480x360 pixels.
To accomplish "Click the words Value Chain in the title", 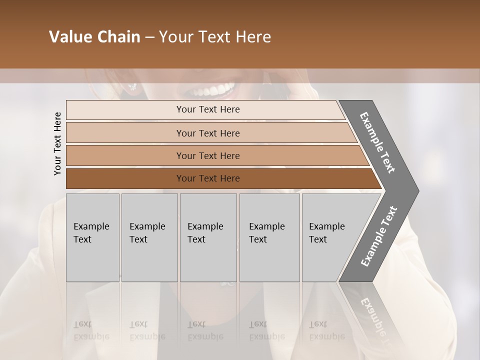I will [94, 37].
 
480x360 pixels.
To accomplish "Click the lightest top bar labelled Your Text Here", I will [208, 109].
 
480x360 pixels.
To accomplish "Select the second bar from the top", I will [208, 133].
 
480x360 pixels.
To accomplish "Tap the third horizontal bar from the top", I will [208, 155].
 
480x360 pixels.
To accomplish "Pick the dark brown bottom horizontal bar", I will [208, 178].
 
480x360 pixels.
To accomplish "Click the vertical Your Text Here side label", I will [57, 143].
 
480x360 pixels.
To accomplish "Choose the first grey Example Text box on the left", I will [92, 237].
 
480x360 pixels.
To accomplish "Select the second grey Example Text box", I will [149, 237].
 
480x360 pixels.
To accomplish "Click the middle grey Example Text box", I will [208, 237].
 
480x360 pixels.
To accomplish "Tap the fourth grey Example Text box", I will [269, 237].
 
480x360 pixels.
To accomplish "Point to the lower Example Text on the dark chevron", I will [379, 236].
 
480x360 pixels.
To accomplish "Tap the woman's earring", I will [132, 87].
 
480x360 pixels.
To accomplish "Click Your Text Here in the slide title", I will [215, 37].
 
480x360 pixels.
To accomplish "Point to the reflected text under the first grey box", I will [91, 330].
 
